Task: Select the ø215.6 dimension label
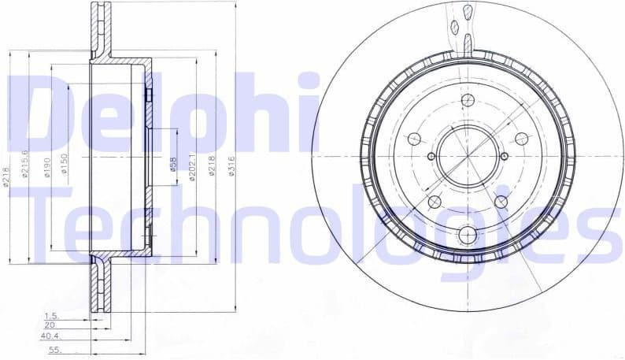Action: (x=26, y=163)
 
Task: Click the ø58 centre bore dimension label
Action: (x=173, y=164)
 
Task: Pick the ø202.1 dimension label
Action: (x=194, y=167)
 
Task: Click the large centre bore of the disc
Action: (x=468, y=155)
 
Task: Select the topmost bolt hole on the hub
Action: (x=468, y=100)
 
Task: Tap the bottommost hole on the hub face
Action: (x=468, y=234)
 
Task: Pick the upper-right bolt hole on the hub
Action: (x=520, y=137)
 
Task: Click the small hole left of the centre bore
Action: (x=431, y=156)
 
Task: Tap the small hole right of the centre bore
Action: (x=505, y=156)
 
